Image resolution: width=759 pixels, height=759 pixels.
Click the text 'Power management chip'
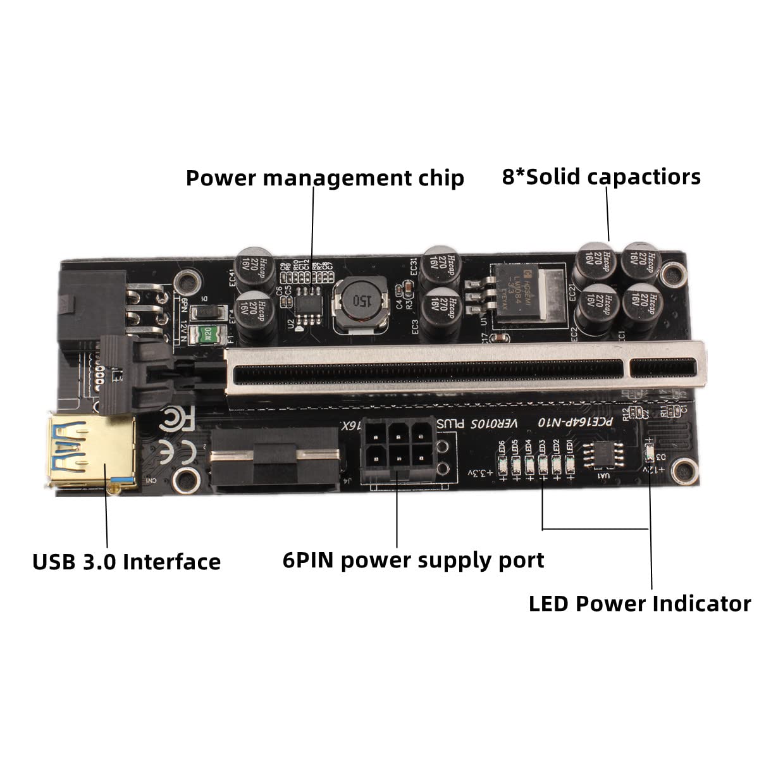coord(324,178)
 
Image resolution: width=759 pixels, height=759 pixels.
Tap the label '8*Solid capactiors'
coord(601,176)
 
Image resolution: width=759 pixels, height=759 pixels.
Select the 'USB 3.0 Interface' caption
coord(126,561)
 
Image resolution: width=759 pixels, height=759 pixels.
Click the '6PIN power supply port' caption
coord(413,560)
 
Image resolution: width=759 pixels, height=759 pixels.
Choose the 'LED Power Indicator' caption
coord(639,603)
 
